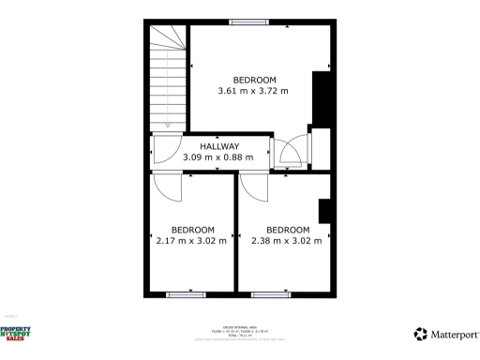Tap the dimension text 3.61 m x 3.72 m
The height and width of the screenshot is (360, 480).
pyautogui.click(x=253, y=91)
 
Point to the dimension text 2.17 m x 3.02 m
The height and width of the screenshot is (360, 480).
pyautogui.click(x=192, y=241)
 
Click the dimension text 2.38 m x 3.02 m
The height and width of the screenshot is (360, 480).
pyautogui.click(x=287, y=241)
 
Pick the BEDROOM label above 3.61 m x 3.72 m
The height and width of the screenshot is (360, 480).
pyautogui.click(x=254, y=79)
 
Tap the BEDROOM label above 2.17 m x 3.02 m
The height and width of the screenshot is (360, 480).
pyautogui.click(x=192, y=230)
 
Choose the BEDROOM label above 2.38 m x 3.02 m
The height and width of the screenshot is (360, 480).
pyautogui.click(x=288, y=230)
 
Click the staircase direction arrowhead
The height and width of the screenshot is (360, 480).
pyautogui.click(x=168, y=125)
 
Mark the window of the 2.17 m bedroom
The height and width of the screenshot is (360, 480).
pyautogui.click(x=185, y=295)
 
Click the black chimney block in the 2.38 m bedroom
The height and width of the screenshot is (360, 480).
pyautogui.click(x=324, y=211)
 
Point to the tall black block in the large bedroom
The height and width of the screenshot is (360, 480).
pyautogui.click(x=321, y=97)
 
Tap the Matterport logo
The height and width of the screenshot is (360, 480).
pyautogui.click(x=446, y=334)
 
